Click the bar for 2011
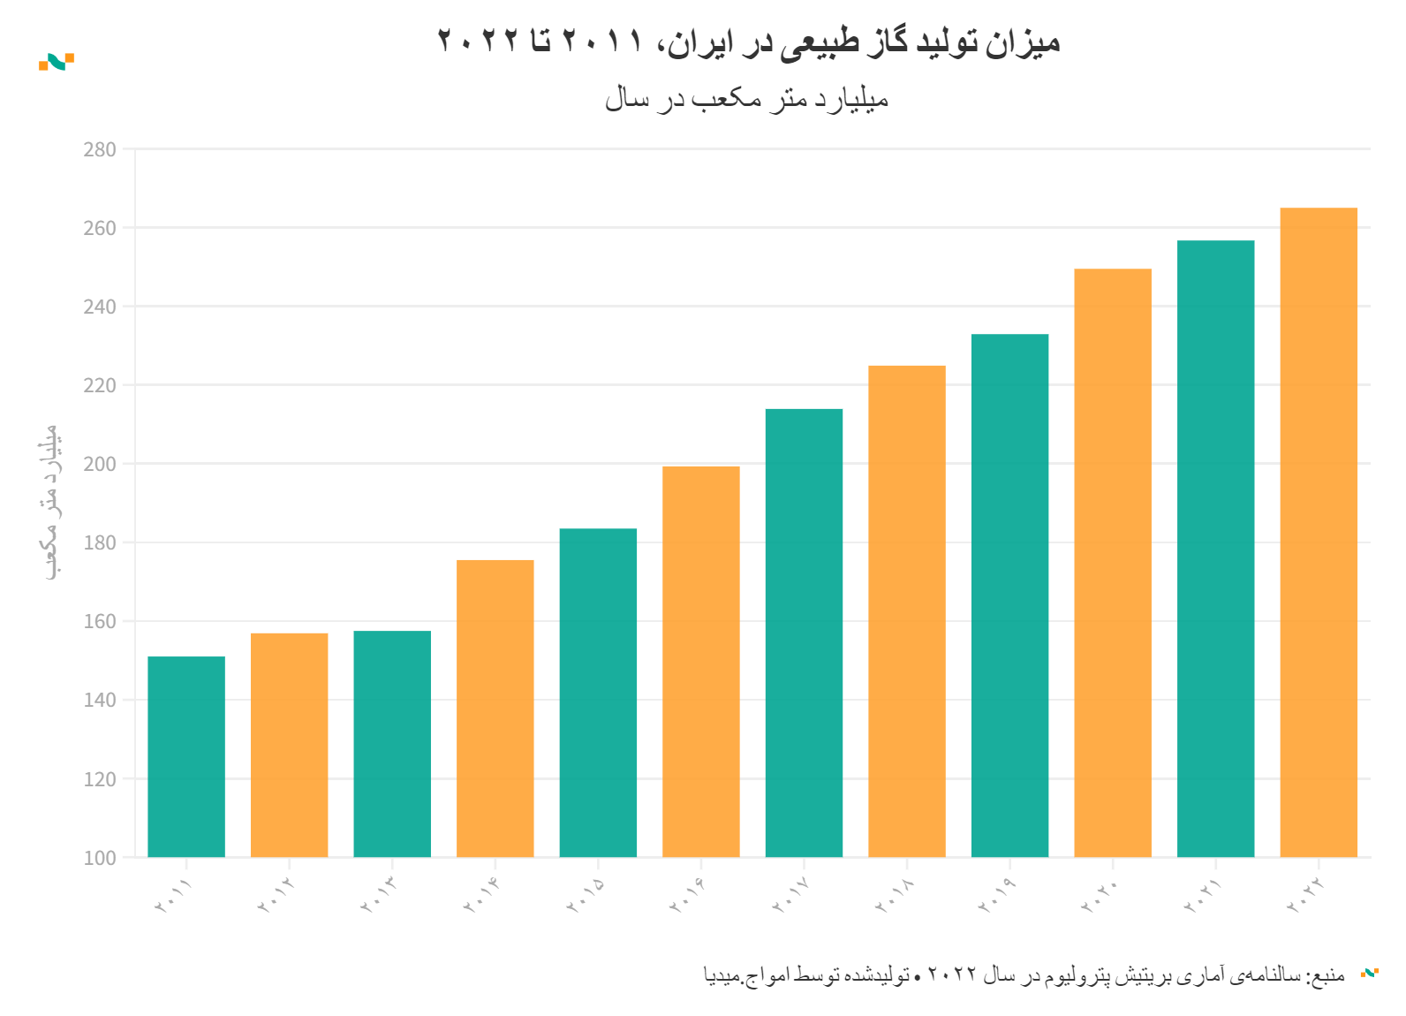[x=186, y=756]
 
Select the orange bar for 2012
[x=289, y=745]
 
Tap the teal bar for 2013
[x=392, y=744]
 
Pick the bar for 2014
[x=495, y=708]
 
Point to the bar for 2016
[x=701, y=661]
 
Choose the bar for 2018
[x=907, y=610]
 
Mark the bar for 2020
[x=1113, y=563]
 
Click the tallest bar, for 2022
[x=1319, y=532]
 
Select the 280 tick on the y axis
[x=100, y=149]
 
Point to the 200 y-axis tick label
[x=100, y=464]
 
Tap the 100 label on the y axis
[x=100, y=858]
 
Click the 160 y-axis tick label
[x=100, y=621]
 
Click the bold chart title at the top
[x=748, y=41]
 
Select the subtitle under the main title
[x=746, y=99]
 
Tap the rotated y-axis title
[x=51, y=502]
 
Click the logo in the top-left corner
[x=57, y=62]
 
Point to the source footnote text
[x=1024, y=974]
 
